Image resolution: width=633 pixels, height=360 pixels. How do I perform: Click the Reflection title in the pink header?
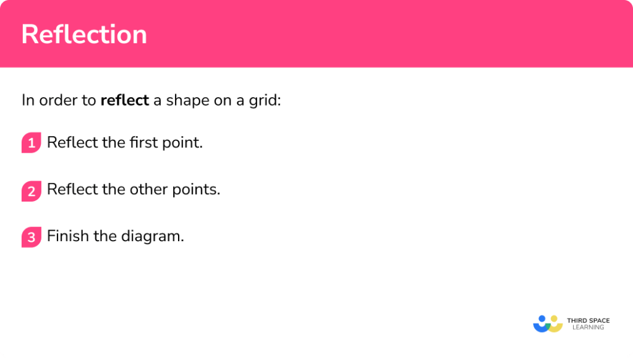tap(84, 35)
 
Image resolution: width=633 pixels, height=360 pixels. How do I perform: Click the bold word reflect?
tap(125, 100)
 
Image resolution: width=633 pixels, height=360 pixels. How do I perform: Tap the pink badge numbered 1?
tap(31, 144)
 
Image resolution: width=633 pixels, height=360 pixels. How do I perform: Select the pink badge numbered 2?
tap(31, 191)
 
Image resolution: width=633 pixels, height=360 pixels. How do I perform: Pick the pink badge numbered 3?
tap(31, 237)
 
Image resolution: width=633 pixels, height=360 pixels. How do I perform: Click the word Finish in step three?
tap(68, 236)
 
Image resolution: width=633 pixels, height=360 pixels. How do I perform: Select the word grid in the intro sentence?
tap(266, 100)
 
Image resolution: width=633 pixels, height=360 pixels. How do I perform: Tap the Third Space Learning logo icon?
tap(548, 324)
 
